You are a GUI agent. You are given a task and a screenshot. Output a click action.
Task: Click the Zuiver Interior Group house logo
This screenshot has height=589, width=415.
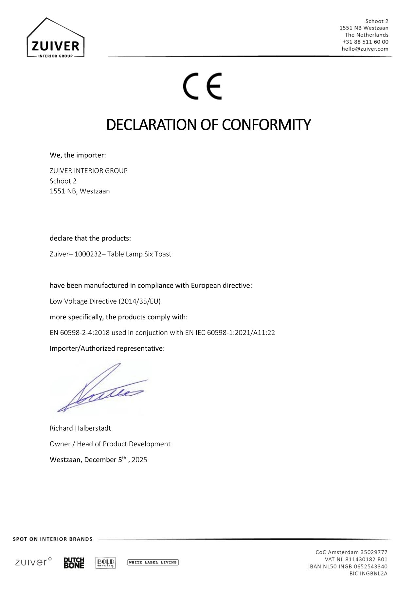(55, 38)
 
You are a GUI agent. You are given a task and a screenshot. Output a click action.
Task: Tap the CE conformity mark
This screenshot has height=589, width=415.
(202, 86)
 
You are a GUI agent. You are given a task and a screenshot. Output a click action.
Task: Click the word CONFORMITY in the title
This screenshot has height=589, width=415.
(266, 125)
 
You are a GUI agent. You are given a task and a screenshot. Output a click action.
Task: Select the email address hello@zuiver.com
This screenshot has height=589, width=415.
(365, 49)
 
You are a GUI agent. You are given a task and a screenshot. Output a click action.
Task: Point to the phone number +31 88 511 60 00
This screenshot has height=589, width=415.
(365, 42)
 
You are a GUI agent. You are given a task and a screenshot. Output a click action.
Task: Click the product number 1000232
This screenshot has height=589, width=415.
(86, 254)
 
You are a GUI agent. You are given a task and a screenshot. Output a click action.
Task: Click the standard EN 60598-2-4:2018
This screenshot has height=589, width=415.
(80, 333)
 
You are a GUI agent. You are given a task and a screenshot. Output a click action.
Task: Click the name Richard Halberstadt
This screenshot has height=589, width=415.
(80, 428)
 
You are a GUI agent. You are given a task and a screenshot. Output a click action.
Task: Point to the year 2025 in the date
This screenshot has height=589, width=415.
(139, 460)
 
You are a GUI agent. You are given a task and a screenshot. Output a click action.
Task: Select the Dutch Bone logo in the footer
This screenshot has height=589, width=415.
(74, 563)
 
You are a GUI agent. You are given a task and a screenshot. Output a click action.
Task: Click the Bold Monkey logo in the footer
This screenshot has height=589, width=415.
(105, 563)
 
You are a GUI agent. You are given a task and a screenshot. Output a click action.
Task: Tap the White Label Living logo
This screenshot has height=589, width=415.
(153, 562)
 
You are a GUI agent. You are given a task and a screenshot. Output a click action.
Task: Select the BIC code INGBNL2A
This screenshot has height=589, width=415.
(373, 574)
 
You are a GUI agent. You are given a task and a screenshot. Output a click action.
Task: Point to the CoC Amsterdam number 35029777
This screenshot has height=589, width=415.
(374, 552)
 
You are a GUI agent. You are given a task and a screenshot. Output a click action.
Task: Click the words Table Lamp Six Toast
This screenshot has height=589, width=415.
(139, 254)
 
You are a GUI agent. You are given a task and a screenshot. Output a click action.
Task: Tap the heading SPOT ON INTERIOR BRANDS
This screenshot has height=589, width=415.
(53, 539)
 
